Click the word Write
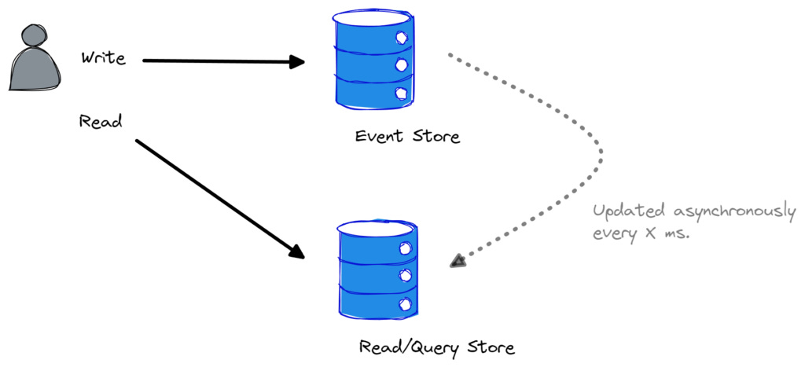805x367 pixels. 103,58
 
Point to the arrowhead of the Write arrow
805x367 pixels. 298,62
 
